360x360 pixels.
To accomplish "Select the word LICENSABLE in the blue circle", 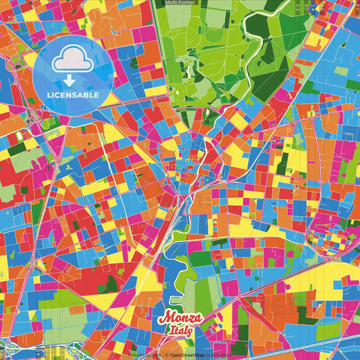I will [x=72, y=95].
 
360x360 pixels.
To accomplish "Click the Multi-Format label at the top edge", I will [x=179, y=3].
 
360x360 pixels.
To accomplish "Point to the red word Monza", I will [x=180, y=317].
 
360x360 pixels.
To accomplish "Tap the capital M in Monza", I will [x=165, y=317].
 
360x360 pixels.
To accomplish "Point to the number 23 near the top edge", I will [x=298, y=7].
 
